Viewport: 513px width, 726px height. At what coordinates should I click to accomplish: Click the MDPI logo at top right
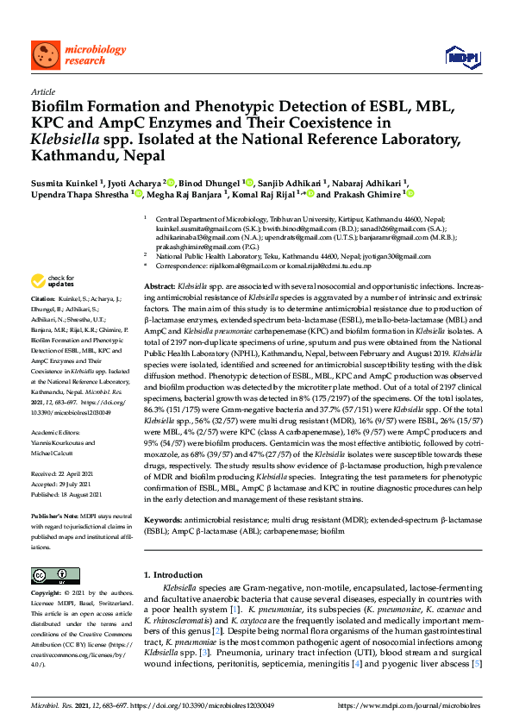(x=461, y=57)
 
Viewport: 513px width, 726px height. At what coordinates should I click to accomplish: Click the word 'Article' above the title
(x=42, y=91)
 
